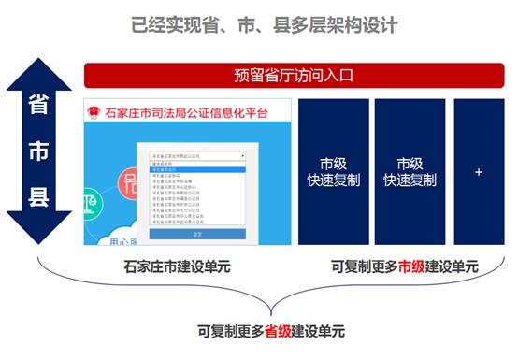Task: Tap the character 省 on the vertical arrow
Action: [38, 106]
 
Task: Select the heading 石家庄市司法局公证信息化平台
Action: [187, 113]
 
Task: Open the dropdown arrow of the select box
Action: [243, 156]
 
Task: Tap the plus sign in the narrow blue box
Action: [479, 173]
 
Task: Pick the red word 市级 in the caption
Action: [411, 267]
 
